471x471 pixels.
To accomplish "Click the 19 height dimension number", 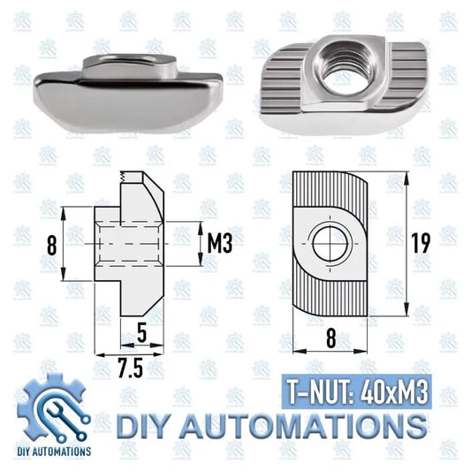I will pos(420,244).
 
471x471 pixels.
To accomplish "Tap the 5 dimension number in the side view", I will pos(141,334).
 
